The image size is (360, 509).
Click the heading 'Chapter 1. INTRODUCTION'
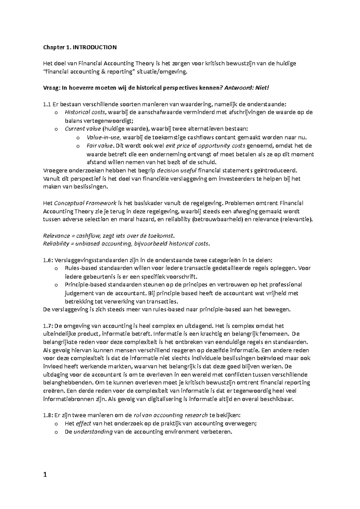click(x=80, y=47)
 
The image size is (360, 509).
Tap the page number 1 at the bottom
click(x=45, y=475)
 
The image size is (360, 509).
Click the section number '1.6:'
click(x=48, y=260)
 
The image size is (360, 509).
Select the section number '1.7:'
click(x=48, y=326)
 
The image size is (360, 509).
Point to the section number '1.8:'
click(x=48, y=415)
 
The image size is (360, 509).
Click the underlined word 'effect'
click(x=83, y=424)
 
